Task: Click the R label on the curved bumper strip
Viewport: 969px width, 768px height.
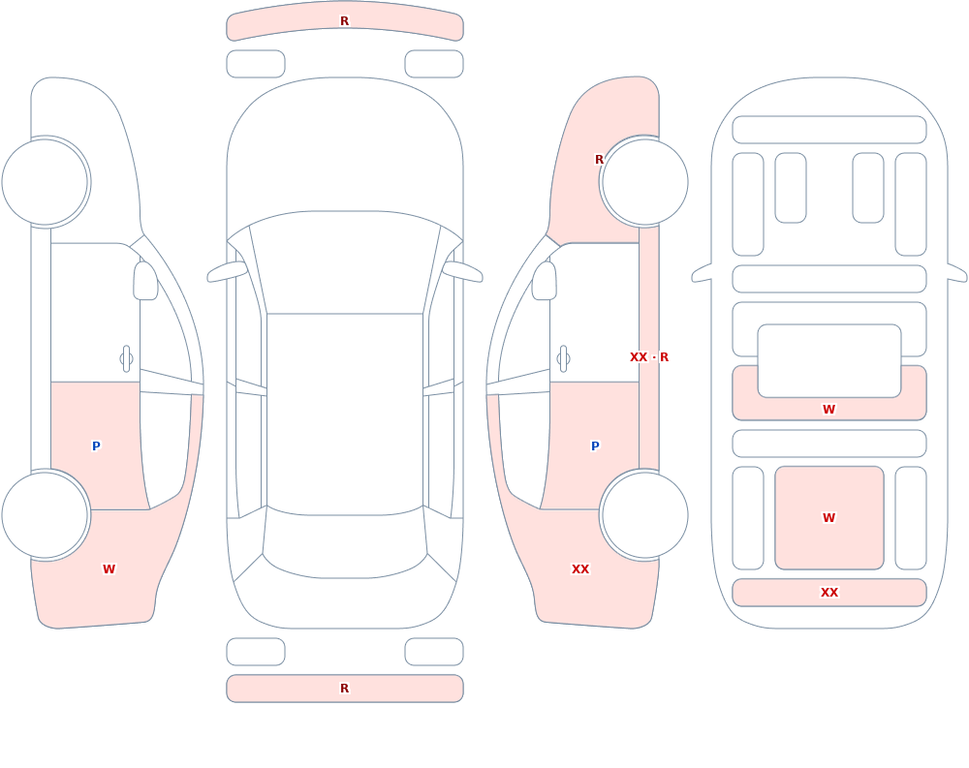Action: [x=344, y=21]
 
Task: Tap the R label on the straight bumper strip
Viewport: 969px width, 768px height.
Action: [x=344, y=689]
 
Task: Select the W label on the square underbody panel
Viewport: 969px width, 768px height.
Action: [x=828, y=518]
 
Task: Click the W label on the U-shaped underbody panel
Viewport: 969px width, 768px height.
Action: [x=828, y=409]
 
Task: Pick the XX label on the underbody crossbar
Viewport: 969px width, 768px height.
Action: [x=828, y=592]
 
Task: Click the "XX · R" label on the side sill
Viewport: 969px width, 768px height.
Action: [x=649, y=357]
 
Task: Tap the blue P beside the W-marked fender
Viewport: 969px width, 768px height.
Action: [x=96, y=446]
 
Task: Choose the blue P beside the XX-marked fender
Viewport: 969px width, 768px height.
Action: [x=595, y=446]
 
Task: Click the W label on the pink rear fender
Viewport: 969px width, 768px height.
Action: [x=109, y=569]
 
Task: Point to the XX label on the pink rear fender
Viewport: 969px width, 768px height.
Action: [x=579, y=569]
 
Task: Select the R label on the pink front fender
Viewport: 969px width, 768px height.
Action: [x=598, y=160]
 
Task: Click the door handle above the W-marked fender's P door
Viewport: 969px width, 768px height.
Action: [x=126, y=359]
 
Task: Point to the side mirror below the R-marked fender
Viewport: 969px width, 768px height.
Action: [x=544, y=281]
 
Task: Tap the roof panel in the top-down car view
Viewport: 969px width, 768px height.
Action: [x=345, y=413]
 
